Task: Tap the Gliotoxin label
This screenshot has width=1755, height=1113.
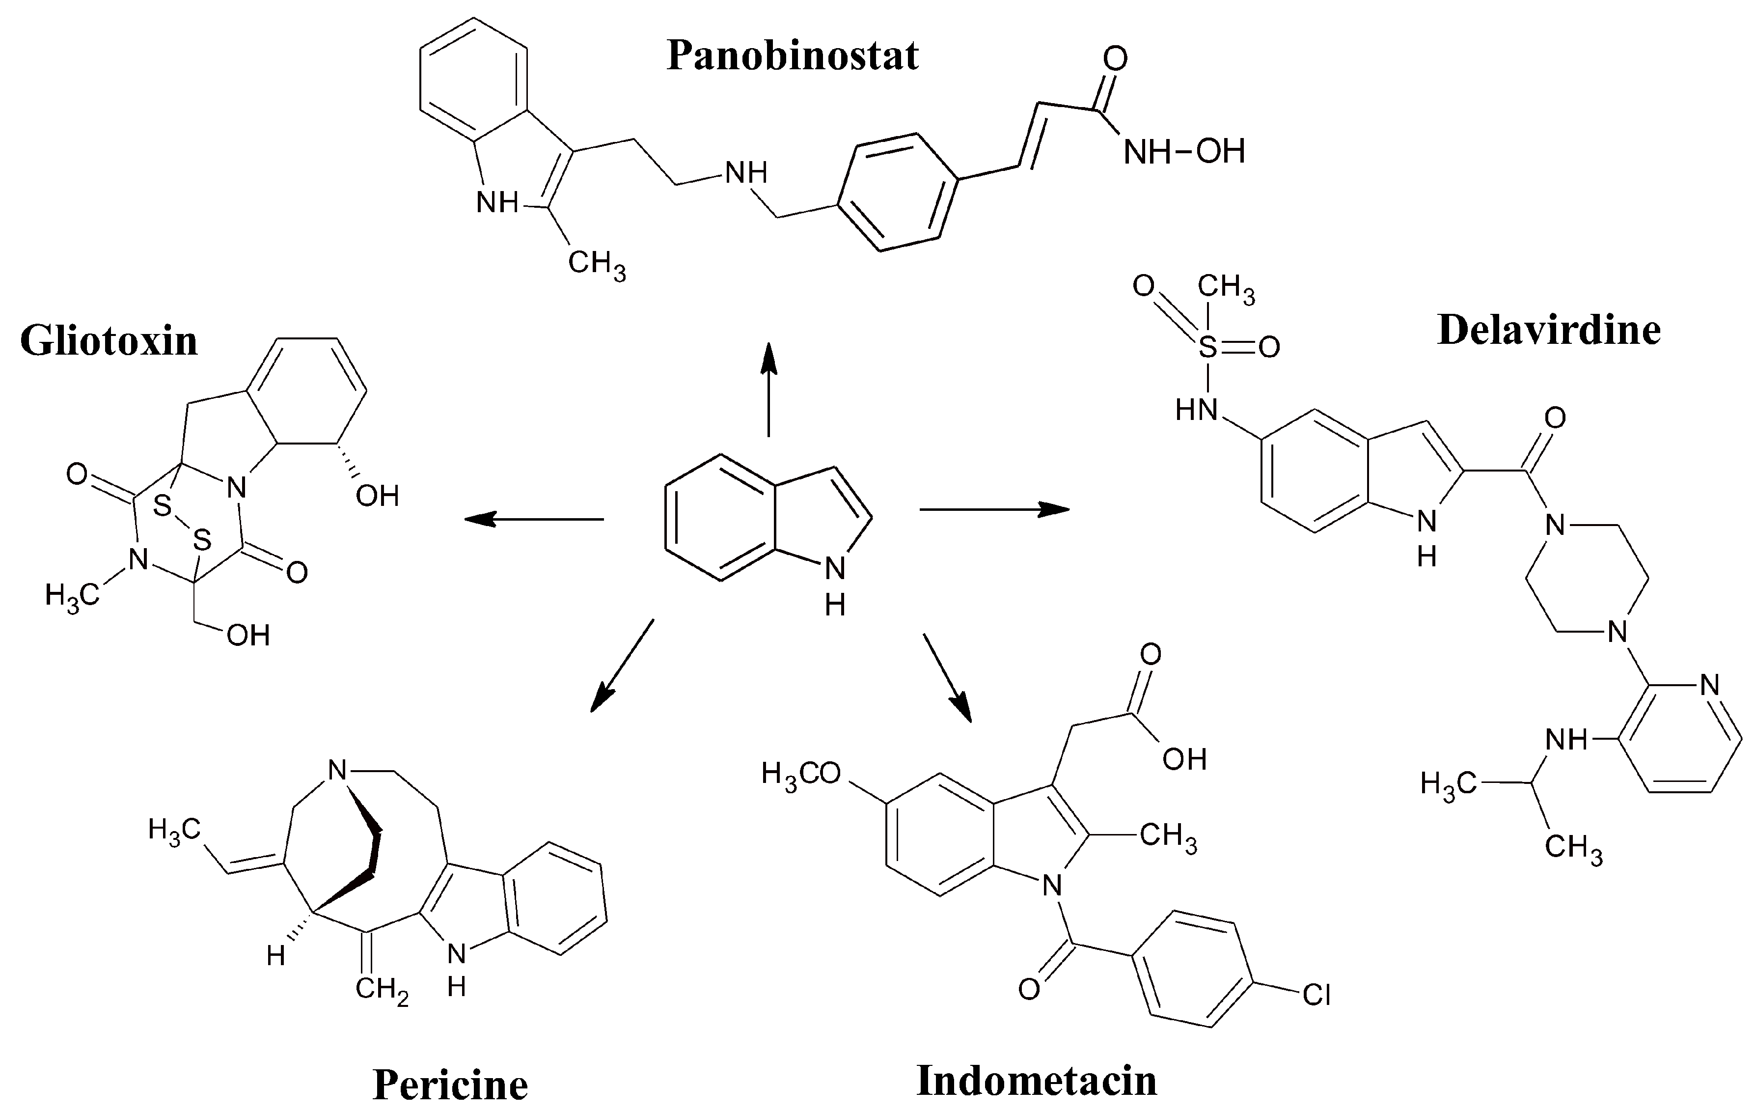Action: [x=110, y=341]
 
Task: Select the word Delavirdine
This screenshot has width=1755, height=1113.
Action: [x=1549, y=330]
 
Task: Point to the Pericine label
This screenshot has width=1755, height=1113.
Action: [x=450, y=1085]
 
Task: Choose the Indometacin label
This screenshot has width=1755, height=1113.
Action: [x=1037, y=1080]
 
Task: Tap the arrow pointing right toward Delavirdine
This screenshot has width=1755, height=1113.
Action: [x=995, y=509]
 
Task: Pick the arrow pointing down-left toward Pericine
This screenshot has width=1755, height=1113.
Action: [x=622, y=665]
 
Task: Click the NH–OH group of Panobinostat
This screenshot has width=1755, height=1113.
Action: [x=1183, y=152]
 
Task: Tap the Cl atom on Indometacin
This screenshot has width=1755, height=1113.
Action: [x=1316, y=996]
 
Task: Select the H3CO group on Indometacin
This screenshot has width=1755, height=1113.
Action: [x=801, y=773]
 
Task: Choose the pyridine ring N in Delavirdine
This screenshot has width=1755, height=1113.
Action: [x=1708, y=685]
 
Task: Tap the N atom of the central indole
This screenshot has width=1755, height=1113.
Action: [x=835, y=569]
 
